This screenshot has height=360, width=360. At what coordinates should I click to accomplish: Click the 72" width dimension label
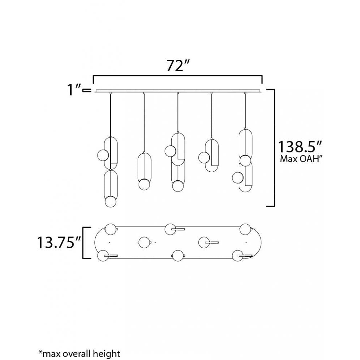[178, 66]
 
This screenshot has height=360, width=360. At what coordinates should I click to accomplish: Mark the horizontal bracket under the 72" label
[177, 76]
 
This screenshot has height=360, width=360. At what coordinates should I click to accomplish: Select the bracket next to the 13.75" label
[85, 243]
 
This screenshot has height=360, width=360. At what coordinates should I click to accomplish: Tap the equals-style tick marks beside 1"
[86, 91]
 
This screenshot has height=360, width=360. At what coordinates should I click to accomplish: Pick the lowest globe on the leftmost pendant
[110, 201]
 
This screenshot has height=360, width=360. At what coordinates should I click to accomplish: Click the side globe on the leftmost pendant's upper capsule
[103, 155]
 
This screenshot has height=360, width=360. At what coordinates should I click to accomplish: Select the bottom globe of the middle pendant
[177, 186]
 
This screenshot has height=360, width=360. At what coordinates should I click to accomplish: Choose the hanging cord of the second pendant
[144, 122]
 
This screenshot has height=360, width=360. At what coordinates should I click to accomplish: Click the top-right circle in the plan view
[246, 229]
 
